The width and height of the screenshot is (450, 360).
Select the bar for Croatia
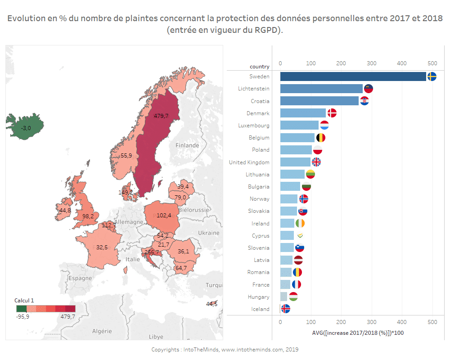[x=319, y=101]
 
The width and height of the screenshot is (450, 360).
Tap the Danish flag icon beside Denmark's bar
[x=332, y=113]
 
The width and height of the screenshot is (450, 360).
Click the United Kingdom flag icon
[x=316, y=162]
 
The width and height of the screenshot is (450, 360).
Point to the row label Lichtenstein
[x=254, y=89]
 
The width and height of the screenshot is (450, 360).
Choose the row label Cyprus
[x=261, y=236]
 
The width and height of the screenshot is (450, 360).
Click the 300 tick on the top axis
[x=371, y=63]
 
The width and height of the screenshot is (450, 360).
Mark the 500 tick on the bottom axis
[x=432, y=322]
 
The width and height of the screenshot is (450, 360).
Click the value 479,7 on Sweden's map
[x=161, y=116]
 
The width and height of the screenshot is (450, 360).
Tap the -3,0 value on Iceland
[x=26, y=128]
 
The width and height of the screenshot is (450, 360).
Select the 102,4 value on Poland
[x=164, y=215]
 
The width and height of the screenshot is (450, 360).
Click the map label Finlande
[x=187, y=145]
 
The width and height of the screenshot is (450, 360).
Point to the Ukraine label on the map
[x=209, y=233]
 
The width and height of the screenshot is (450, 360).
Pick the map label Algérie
[x=102, y=331]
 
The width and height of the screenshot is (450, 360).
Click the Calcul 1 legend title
[x=24, y=300]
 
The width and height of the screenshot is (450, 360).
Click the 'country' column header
[x=260, y=67]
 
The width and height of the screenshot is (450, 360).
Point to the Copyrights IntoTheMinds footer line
[x=225, y=350]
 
